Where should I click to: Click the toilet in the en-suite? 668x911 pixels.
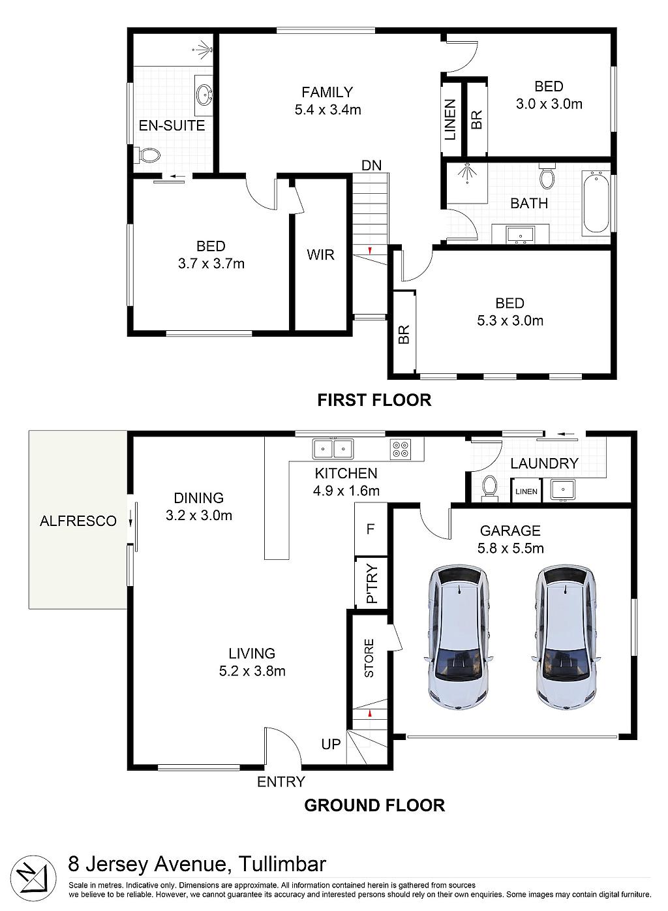coord(147,155)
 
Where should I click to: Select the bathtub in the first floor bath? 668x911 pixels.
coord(596,203)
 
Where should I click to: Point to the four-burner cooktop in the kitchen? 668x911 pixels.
coord(401,450)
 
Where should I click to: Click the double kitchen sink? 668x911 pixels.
coord(333,449)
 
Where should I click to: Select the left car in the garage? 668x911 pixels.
coord(458,636)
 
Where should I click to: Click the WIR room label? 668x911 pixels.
coord(320,255)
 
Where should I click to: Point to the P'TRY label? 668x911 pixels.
coord(372,583)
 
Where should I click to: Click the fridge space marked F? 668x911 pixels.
coord(371,529)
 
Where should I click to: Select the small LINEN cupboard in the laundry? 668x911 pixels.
coord(526,491)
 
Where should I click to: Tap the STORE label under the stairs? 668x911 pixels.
coord(369,658)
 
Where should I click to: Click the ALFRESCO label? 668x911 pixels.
coord(78,521)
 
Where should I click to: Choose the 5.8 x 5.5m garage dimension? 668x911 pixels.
coord(510,549)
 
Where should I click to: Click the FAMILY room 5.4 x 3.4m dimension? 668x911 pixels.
coord(327,110)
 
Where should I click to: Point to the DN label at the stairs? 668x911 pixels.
coord(371,166)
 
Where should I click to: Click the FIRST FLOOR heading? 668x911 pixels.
coord(374,400)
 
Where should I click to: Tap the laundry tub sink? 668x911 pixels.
coord(562,489)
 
